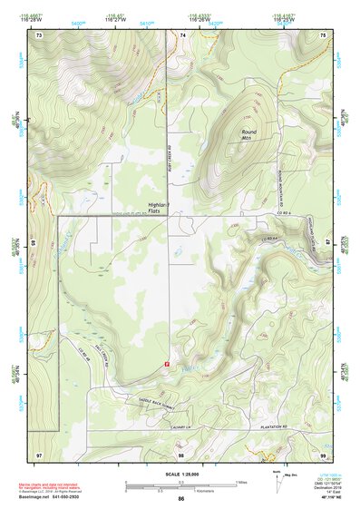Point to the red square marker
coord(166,363)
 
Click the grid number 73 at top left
coord(39,34)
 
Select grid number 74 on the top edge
coord(182,34)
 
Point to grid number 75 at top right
coord(322,34)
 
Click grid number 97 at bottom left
coord(39,454)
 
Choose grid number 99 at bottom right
coord(322,454)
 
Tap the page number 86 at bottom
coord(180,499)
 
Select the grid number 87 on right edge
coord(327,241)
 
